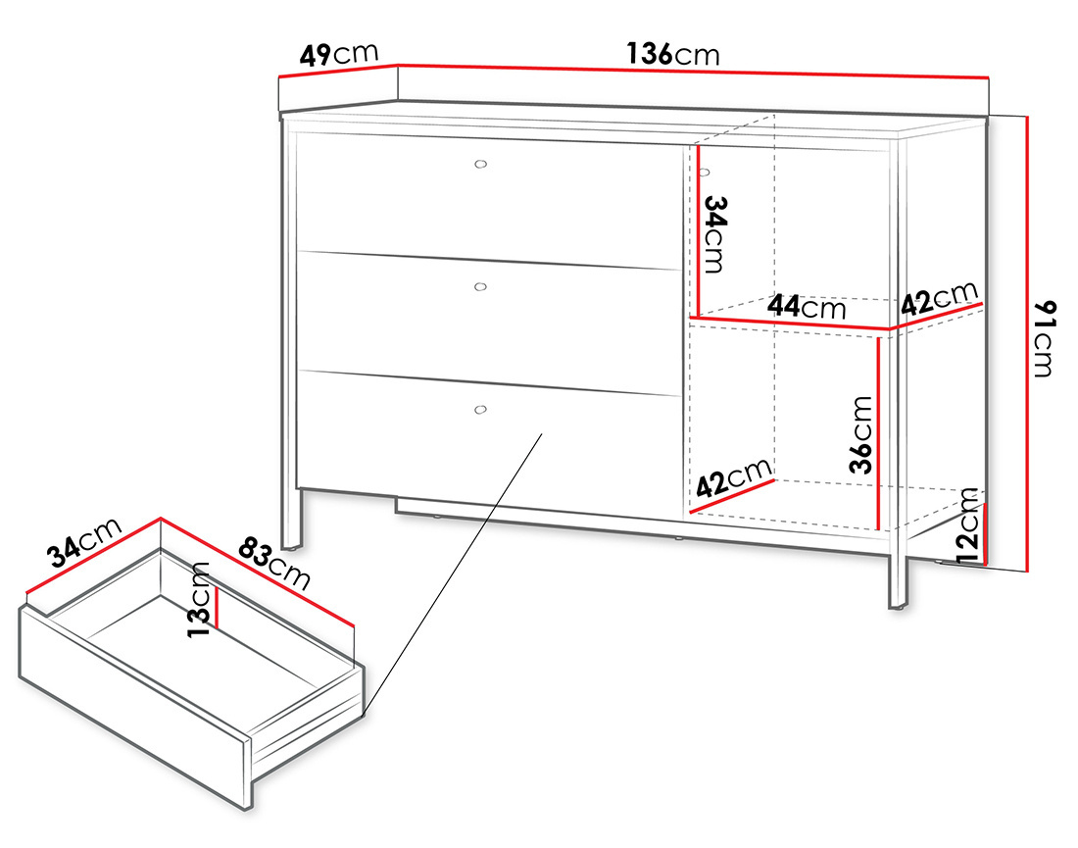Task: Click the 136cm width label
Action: [672, 54]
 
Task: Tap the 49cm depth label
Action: [338, 53]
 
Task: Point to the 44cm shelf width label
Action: [806, 307]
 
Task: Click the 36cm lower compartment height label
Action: [860, 433]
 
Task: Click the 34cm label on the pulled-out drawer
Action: [85, 542]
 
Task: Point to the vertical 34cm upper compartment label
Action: [716, 234]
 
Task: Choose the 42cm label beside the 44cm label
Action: [939, 298]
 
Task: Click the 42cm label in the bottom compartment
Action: [733, 477]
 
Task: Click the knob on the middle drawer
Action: [479, 286]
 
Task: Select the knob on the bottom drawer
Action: [479, 409]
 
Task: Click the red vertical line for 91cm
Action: [1026, 343]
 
